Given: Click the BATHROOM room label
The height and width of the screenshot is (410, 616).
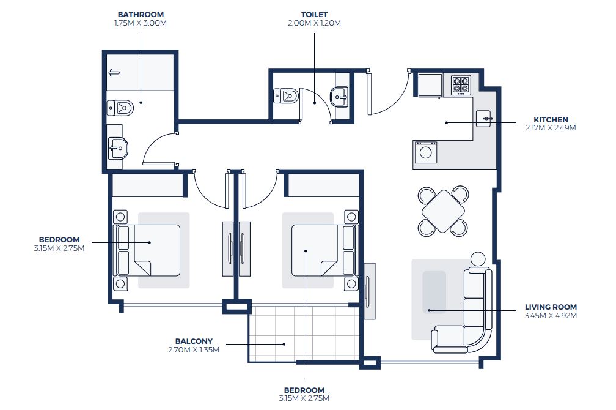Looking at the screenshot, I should pyautogui.click(x=141, y=14).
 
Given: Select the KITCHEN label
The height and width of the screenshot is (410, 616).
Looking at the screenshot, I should pyautogui.click(x=551, y=120).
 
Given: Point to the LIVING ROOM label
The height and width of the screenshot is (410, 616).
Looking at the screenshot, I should pyautogui.click(x=551, y=307).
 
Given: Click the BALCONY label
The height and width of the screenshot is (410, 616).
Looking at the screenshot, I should pyautogui.click(x=194, y=341).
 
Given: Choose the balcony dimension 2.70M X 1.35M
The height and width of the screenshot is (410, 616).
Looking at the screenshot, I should pyautogui.click(x=194, y=350).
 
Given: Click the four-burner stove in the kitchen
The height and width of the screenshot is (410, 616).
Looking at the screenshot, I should pyautogui.click(x=461, y=84).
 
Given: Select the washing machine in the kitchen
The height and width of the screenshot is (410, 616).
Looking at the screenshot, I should pyautogui.click(x=426, y=152).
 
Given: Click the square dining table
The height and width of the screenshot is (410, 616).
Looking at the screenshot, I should pyautogui.click(x=443, y=211).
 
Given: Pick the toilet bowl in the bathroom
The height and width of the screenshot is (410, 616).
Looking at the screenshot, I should pyautogui.click(x=120, y=108).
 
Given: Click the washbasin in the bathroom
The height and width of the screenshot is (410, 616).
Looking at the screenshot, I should pyautogui.click(x=117, y=147).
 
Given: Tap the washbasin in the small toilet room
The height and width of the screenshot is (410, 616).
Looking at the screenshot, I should pyautogui.click(x=339, y=96).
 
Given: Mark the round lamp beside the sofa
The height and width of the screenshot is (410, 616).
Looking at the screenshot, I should pyautogui.click(x=479, y=259).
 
